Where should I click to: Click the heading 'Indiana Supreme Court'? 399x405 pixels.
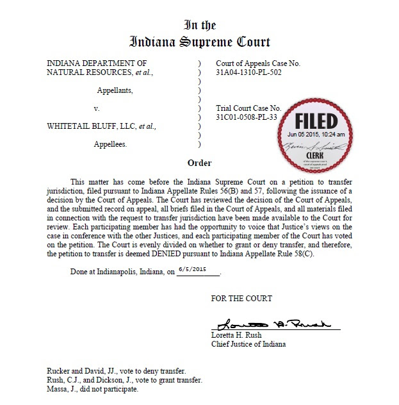[x=200, y=42]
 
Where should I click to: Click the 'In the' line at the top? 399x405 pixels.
[x=200, y=26]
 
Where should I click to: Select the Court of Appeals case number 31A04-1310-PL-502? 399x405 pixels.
[x=249, y=72]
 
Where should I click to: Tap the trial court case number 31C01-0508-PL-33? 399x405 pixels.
[x=247, y=117]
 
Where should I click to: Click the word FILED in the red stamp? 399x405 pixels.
[x=316, y=121]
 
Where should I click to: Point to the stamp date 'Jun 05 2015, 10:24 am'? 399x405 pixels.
[x=316, y=135]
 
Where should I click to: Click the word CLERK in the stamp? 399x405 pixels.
[x=315, y=155]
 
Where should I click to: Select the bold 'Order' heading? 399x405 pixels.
[x=199, y=163]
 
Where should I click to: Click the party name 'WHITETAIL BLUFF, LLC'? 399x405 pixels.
[x=90, y=126]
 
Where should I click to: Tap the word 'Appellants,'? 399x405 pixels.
[x=115, y=90]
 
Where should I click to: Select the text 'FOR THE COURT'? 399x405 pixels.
[x=241, y=299]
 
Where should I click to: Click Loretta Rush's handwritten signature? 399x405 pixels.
[x=272, y=324]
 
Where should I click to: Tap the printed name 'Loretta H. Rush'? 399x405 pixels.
[x=236, y=335]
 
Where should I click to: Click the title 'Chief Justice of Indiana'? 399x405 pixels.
[x=248, y=344]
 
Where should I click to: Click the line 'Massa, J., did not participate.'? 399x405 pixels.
[x=92, y=389]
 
